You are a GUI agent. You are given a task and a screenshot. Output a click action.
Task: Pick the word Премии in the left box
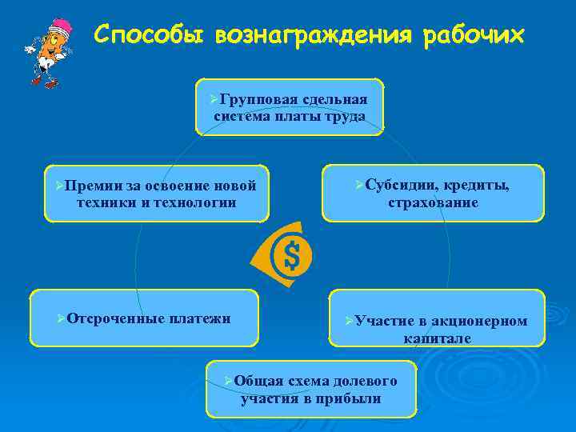pyautogui.click(x=94, y=186)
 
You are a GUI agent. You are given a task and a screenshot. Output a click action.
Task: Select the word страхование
pyautogui.click(x=433, y=202)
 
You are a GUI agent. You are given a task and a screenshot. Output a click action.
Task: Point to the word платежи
pyautogui.click(x=200, y=318)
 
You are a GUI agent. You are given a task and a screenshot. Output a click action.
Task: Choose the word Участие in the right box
pyautogui.click(x=384, y=321)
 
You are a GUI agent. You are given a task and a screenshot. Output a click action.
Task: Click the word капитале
pyautogui.click(x=437, y=338)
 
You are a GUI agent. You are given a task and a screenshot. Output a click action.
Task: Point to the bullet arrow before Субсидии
pyautogui.click(x=358, y=185)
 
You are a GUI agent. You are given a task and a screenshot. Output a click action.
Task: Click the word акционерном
pyautogui.click(x=479, y=321)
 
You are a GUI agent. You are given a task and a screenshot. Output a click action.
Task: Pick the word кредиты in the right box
pyautogui.click(x=476, y=185)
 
